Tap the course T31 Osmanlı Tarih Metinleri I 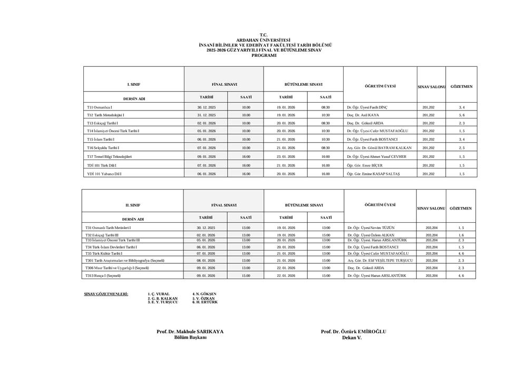[x=108, y=227]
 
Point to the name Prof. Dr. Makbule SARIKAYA [x=190, y=331]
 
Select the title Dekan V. [x=352, y=337]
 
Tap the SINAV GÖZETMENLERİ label [x=106, y=293]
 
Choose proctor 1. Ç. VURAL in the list [x=159, y=294]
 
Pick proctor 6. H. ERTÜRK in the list [x=204, y=302]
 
